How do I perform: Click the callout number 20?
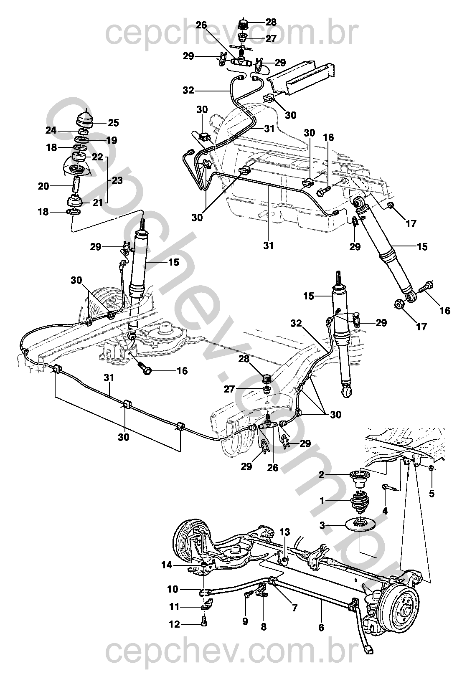pos(43,186)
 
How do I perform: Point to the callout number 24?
pos(51,131)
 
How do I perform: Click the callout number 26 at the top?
pos(201,25)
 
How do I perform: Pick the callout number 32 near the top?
pos(188,90)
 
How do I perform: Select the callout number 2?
pos(321,474)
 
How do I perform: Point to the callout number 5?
pos(432,493)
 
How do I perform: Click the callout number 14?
pos(167,565)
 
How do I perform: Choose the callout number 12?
pos(174,624)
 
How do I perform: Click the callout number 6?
pos(321,627)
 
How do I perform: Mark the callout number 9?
pos(245,621)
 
